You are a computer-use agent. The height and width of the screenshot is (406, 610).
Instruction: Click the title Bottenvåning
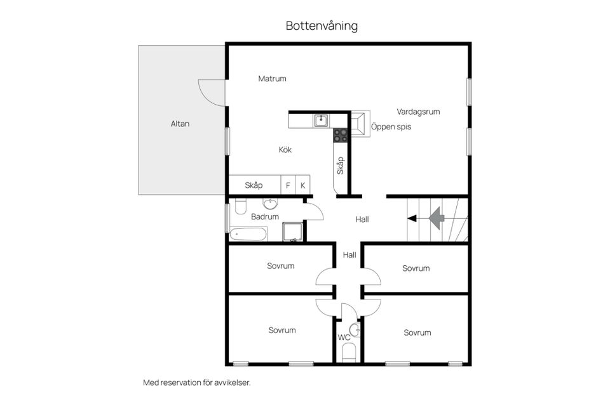click(322, 26)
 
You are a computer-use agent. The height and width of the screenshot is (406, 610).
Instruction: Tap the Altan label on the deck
click(180, 124)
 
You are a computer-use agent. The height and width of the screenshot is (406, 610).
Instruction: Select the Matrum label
click(272, 79)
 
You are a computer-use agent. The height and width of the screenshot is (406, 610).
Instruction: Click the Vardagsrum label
click(418, 112)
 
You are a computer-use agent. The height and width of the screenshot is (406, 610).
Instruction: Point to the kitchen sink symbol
click(322, 119)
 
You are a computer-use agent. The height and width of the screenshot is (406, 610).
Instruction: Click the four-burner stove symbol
click(341, 134)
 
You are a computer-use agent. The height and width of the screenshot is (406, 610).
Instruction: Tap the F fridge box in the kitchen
click(288, 185)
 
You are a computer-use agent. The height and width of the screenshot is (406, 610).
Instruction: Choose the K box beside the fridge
click(303, 185)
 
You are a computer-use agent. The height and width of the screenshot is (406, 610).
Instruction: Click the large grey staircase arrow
click(436, 218)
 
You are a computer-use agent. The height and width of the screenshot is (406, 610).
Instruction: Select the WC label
click(344, 337)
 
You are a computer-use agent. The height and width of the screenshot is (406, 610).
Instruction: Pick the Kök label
click(285, 150)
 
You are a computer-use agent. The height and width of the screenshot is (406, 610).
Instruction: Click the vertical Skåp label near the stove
click(341, 166)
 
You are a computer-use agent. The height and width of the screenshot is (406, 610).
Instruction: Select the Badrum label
click(265, 217)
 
